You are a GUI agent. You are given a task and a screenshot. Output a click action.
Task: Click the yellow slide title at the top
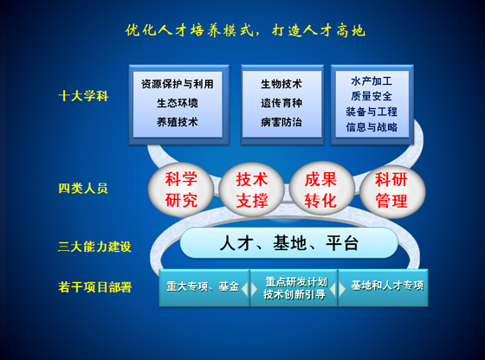[245, 30]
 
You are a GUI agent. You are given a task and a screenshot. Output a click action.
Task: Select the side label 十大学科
[83, 96]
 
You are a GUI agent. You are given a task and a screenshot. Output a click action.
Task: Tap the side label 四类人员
[83, 188]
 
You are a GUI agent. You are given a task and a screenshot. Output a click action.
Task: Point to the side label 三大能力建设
[94, 247]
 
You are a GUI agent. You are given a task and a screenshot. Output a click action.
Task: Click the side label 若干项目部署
[95, 287]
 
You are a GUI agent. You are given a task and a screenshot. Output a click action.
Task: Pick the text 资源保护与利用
[178, 84]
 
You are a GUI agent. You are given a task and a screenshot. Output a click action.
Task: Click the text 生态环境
[178, 103]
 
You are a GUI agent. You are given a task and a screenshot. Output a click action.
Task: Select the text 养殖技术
[178, 122]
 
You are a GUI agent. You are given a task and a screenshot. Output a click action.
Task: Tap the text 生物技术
[281, 84]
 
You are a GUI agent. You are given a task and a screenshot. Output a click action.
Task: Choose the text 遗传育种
[281, 103]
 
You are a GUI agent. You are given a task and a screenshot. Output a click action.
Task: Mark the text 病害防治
[281, 122]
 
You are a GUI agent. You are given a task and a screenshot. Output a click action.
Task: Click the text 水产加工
[372, 81]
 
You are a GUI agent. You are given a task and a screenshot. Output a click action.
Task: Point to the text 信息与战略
[372, 127]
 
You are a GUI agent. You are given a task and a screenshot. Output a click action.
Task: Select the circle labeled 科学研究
[181, 190]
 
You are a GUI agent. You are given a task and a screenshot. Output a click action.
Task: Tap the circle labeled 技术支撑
[251, 190]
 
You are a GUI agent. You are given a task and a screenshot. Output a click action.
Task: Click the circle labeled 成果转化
[320, 190]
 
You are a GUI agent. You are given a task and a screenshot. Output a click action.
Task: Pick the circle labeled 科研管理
[391, 190]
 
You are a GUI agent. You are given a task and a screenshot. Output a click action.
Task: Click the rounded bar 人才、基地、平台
[289, 243]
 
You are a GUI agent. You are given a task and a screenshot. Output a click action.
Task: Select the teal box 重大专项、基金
[204, 287]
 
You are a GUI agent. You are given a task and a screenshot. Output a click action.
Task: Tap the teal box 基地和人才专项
[383, 287]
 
